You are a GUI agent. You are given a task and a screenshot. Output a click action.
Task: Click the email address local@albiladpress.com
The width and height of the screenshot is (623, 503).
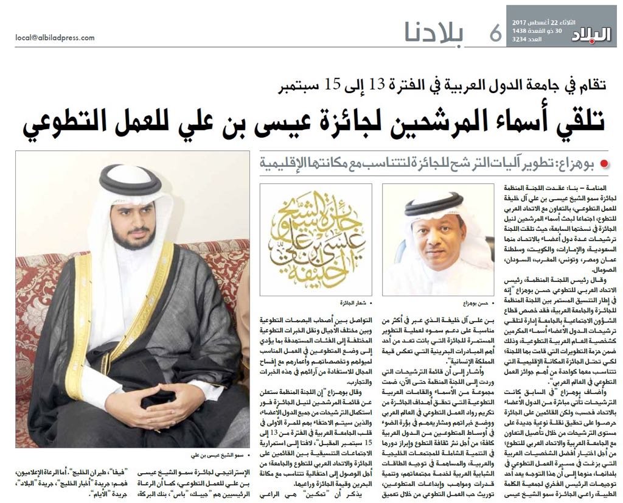coord(55,38)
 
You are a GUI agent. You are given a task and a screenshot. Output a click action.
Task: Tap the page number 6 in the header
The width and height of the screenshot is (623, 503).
coord(495,33)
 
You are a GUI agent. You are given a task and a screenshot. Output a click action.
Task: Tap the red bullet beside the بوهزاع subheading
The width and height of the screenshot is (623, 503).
coord(604,163)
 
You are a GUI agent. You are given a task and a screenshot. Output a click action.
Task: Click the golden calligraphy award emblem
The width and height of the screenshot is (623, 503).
coord(316,239)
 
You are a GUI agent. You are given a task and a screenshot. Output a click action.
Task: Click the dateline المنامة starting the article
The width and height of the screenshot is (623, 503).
coord(602,189)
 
